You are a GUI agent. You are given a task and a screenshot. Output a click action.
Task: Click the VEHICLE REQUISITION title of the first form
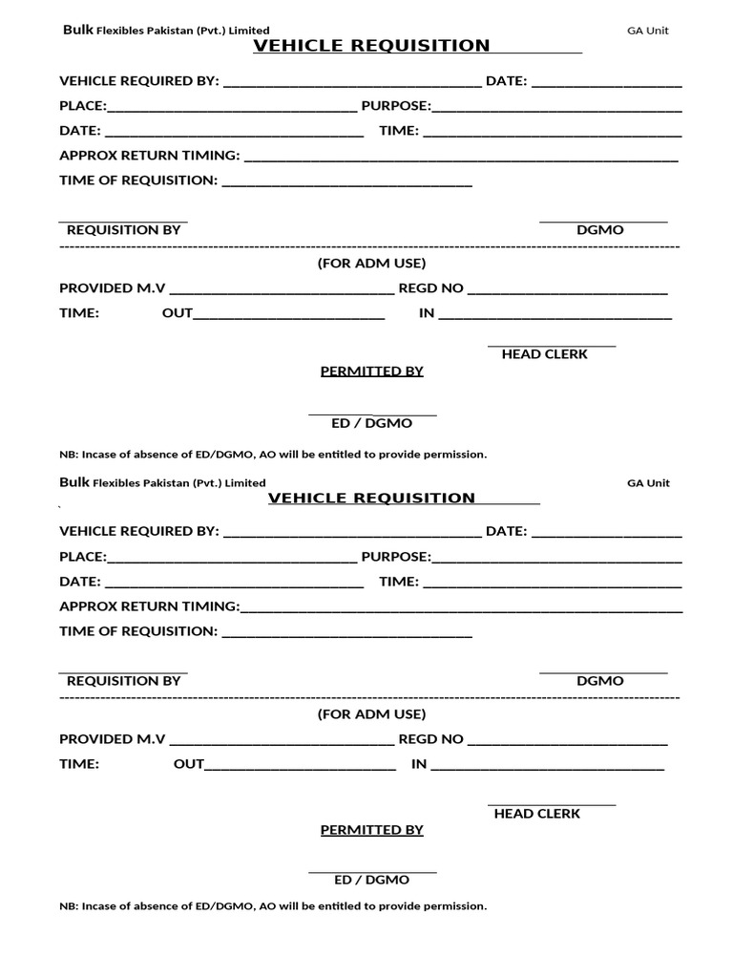pyautogui.click(x=371, y=46)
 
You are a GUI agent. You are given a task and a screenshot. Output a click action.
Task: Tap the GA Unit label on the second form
pyautogui.click(x=648, y=483)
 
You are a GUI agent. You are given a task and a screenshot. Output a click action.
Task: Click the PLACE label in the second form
pyautogui.click(x=83, y=557)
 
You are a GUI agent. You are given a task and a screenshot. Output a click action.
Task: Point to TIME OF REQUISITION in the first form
pyautogui.click(x=138, y=181)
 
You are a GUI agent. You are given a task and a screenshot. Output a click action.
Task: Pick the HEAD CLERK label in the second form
pyautogui.click(x=536, y=814)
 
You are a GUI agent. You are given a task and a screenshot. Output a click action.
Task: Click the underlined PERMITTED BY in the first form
pyautogui.click(x=371, y=372)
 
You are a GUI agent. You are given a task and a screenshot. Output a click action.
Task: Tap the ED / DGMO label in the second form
pyautogui.click(x=371, y=880)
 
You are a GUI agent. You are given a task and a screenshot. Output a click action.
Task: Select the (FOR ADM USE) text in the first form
pyautogui.click(x=371, y=264)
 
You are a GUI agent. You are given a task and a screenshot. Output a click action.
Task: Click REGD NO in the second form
pyautogui.click(x=430, y=739)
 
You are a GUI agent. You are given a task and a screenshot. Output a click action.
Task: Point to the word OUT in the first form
pyautogui.click(x=178, y=313)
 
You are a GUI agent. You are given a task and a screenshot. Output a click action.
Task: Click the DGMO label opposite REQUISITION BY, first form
pyautogui.click(x=599, y=230)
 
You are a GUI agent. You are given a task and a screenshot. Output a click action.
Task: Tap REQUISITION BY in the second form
pyautogui.click(x=123, y=681)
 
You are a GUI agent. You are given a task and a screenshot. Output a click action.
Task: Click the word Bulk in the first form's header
pyautogui.click(x=76, y=30)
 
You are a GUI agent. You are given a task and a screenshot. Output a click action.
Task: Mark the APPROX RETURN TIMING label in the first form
pyautogui.click(x=150, y=156)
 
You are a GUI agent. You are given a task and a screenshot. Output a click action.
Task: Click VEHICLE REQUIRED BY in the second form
pyautogui.click(x=139, y=532)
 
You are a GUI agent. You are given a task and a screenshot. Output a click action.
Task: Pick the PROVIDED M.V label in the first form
pyautogui.click(x=113, y=288)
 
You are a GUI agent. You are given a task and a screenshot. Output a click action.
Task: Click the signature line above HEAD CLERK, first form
pyautogui.click(x=552, y=345)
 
